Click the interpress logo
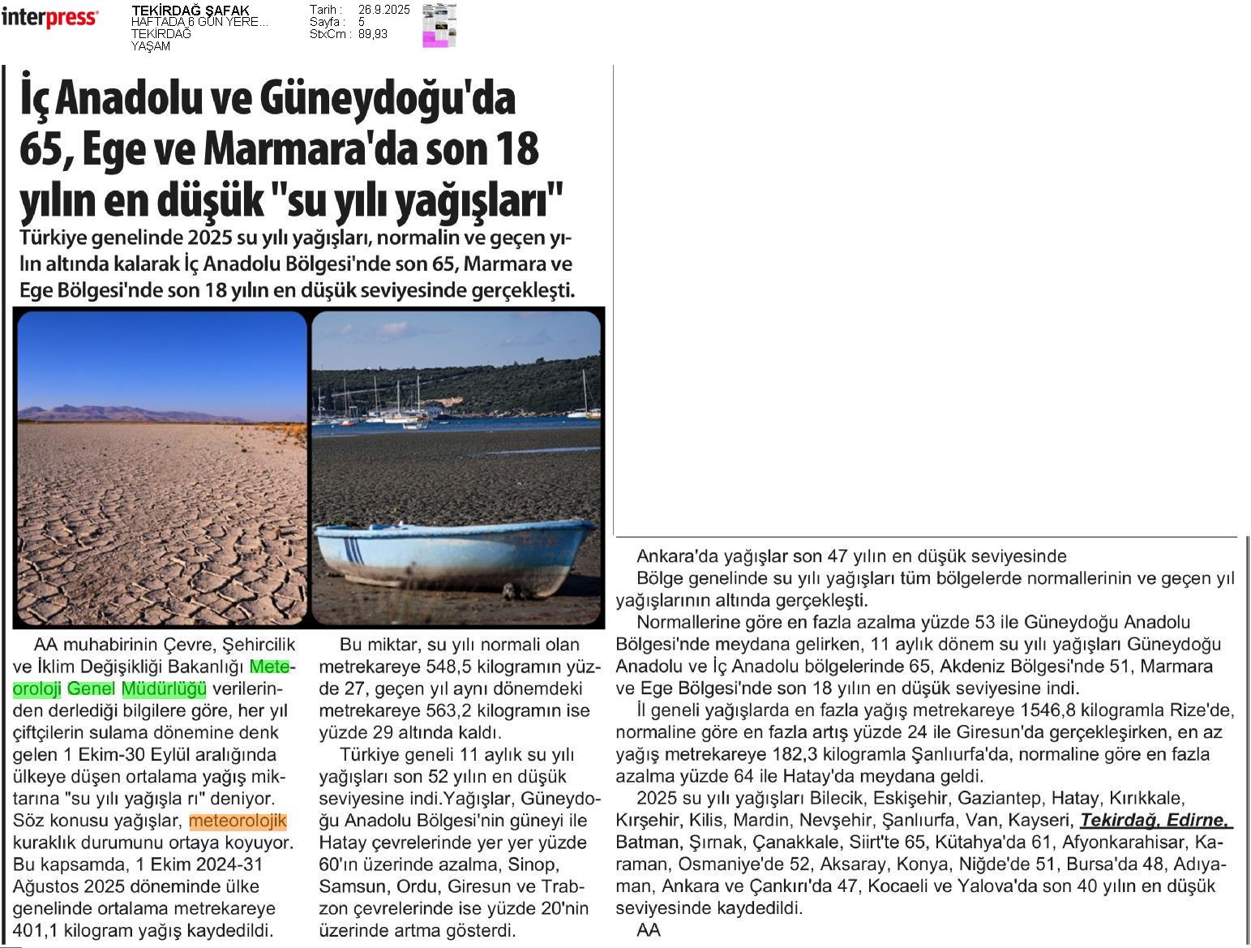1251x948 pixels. tap(49, 18)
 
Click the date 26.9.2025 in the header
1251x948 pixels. tap(383, 10)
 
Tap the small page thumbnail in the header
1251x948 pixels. tap(439, 25)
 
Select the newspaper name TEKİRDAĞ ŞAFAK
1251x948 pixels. tap(191, 11)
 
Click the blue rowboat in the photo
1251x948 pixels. tap(454, 556)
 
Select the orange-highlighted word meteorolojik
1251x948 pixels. tap(238, 821)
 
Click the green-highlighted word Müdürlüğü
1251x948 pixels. tap(164, 689)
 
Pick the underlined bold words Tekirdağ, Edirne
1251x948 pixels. tap(1155, 820)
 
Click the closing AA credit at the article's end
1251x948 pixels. tap(649, 930)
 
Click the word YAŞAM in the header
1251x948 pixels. tap(151, 46)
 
